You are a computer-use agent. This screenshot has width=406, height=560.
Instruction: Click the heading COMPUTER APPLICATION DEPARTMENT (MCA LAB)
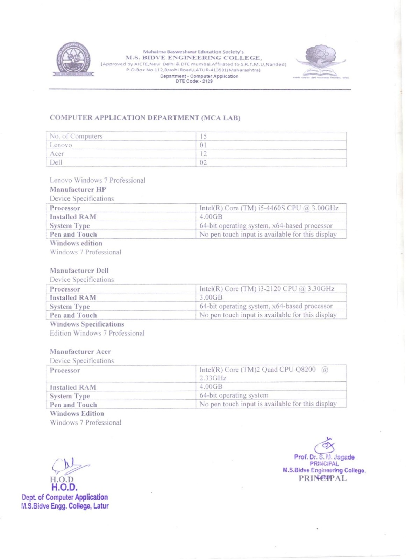[x=145, y=118]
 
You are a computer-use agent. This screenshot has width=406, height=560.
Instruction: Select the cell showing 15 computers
[x=271, y=136]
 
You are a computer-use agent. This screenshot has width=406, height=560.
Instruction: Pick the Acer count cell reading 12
[x=271, y=154]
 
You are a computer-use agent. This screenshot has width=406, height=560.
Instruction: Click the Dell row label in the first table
[x=56, y=162]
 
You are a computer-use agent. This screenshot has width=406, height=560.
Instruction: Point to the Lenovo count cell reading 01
[x=271, y=145]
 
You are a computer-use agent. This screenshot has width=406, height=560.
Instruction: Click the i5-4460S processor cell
[x=269, y=208]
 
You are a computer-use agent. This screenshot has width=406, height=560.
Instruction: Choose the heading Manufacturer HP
[x=78, y=189]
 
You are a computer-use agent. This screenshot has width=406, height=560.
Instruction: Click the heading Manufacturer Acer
[x=80, y=351]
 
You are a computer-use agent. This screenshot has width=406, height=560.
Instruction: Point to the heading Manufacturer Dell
[x=79, y=271]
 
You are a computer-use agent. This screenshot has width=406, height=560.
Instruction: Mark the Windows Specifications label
[x=87, y=324]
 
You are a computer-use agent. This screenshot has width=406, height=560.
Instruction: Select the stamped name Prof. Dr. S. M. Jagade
[x=324, y=457]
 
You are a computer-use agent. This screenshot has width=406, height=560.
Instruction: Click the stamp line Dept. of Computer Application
[x=65, y=497]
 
